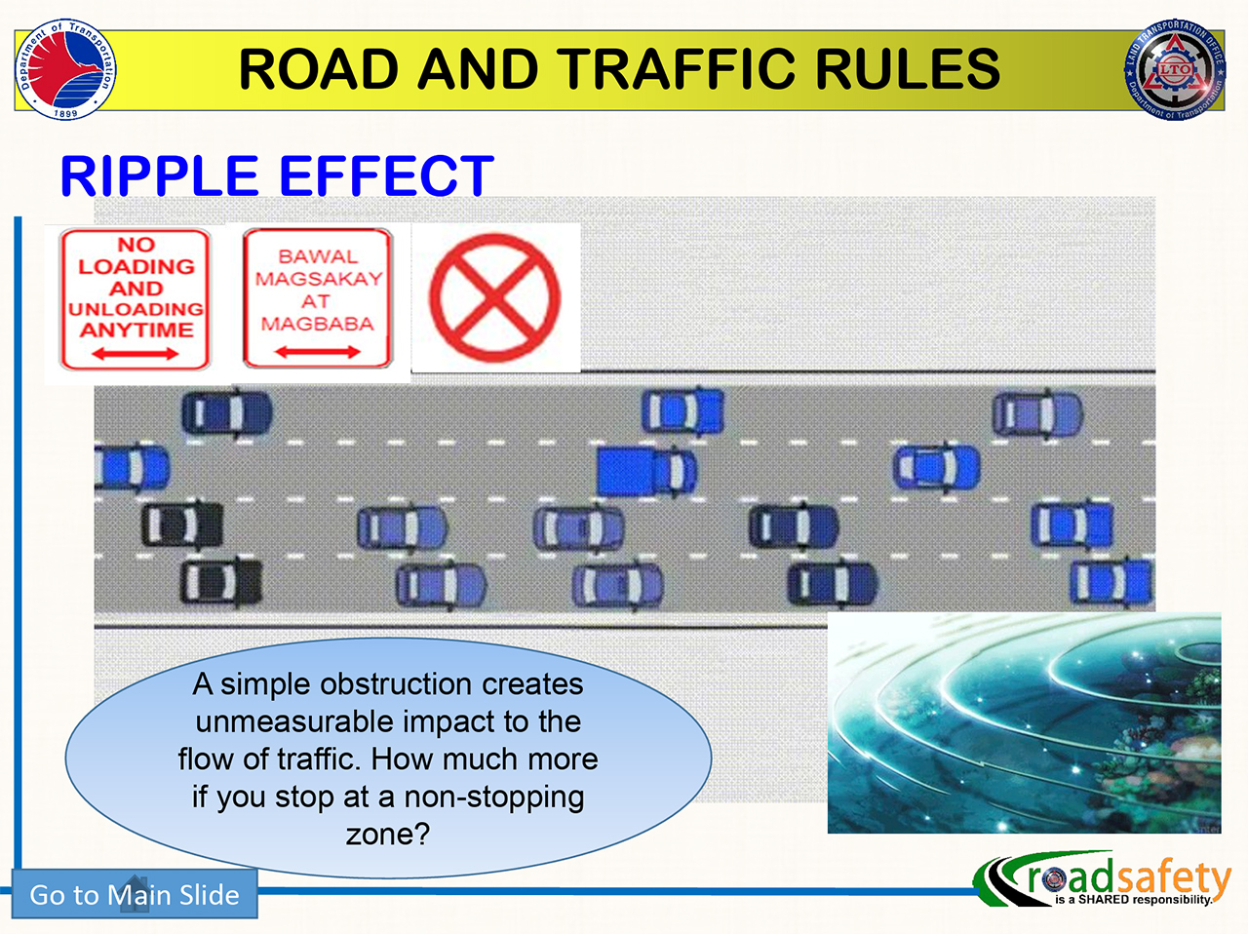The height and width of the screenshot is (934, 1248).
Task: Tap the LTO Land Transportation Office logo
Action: tap(1176, 71)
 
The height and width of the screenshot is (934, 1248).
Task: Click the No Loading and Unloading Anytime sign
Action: tap(136, 299)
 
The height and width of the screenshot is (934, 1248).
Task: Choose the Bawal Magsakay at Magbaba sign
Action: tap(317, 299)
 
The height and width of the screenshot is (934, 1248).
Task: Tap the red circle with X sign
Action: tap(494, 297)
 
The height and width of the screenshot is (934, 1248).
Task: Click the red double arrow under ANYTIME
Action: tap(136, 353)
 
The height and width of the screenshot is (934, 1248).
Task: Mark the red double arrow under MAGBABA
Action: tap(317, 351)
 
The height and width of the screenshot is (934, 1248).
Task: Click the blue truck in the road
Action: tap(646, 471)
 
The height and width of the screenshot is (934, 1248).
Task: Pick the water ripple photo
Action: tap(1024, 723)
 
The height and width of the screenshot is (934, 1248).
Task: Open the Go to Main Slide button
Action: tap(135, 894)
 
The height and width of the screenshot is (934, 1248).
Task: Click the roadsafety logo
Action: tap(1105, 881)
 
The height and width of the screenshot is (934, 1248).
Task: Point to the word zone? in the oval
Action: tap(387, 835)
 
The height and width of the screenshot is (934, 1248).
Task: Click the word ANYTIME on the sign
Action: tap(136, 330)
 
